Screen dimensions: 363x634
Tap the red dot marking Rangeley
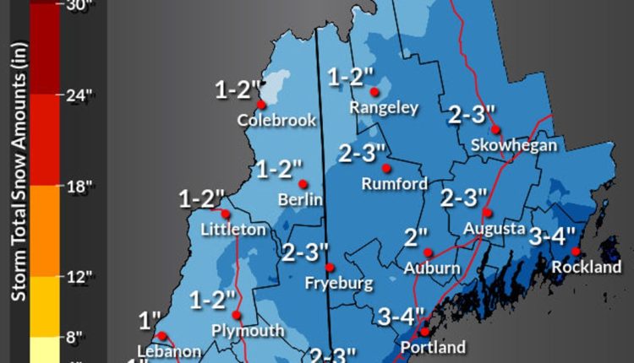374,91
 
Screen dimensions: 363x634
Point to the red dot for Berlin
303,183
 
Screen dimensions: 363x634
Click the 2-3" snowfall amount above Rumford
362,153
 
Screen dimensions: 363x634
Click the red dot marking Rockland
576,251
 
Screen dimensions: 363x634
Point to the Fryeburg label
339,283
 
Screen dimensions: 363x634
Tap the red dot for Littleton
224,213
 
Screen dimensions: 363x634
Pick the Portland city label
433,347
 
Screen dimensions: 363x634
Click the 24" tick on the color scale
78,95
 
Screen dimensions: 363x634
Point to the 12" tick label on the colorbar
78,277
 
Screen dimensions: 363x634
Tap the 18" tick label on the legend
78,187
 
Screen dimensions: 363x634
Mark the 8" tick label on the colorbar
74,337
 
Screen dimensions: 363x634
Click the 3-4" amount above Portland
401,317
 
